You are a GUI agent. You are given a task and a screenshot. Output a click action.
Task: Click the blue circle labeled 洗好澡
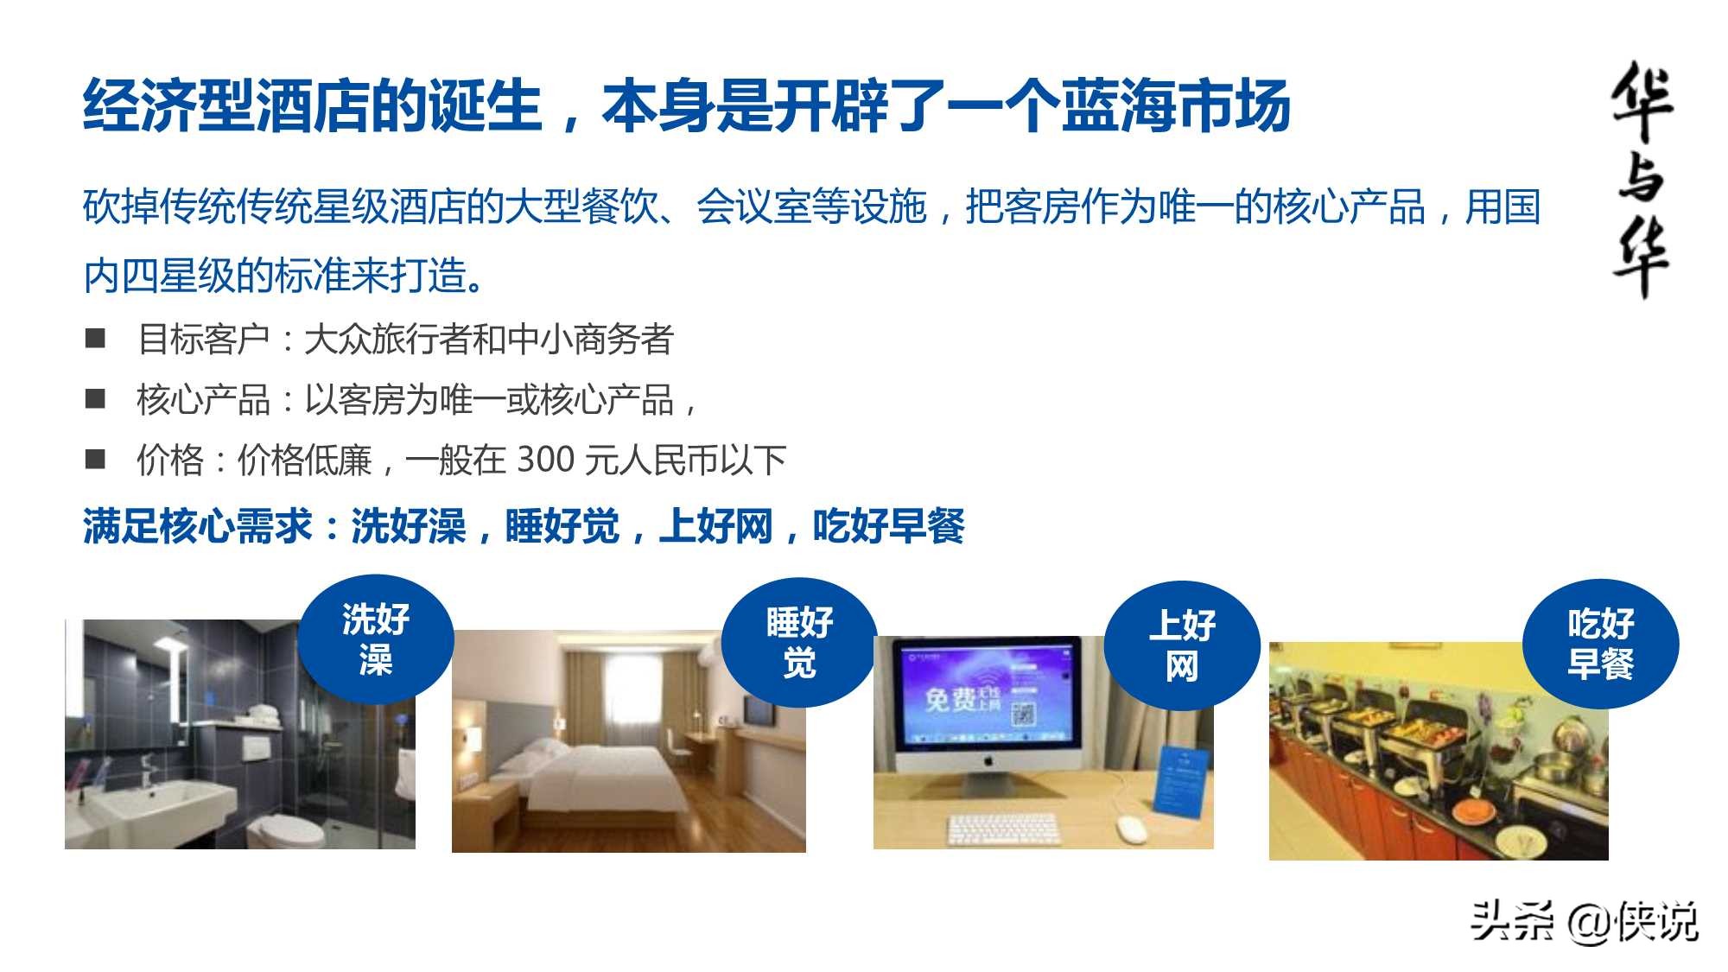(376, 639)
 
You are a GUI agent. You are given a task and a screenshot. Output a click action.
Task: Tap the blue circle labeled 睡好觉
(799, 643)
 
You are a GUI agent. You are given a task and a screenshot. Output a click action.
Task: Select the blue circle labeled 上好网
(1182, 645)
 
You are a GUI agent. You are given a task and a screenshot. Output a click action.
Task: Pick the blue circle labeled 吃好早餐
(1600, 644)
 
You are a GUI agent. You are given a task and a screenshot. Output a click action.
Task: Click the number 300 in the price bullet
(545, 460)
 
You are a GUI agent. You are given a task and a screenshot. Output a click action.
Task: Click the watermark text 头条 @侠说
(1585, 921)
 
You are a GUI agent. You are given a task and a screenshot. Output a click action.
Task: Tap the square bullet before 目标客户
(95, 338)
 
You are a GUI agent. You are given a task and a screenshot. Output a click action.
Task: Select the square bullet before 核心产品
(95, 398)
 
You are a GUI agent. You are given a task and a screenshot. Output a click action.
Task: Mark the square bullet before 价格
(95, 459)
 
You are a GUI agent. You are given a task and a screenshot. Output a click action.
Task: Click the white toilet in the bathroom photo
(285, 829)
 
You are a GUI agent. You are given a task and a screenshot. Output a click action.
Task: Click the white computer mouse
(1131, 829)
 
